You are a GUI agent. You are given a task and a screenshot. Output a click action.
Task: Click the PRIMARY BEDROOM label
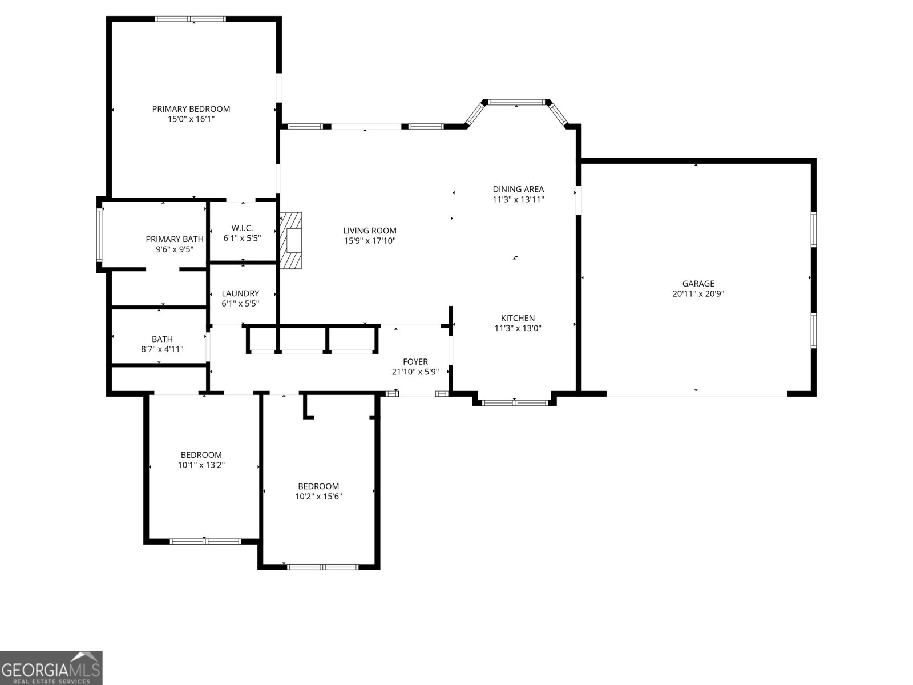click(191, 109)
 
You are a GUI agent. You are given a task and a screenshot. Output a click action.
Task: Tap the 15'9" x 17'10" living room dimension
click(370, 241)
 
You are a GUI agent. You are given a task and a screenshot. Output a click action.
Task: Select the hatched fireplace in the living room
click(290, 240)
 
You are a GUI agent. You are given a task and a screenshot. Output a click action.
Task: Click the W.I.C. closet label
click(242, 228)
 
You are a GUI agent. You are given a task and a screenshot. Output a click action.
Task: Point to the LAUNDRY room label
click(240, 293)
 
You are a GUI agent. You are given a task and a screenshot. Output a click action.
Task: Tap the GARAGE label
click(698, 284)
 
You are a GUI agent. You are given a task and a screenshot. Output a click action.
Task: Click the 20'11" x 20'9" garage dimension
click(698, 293)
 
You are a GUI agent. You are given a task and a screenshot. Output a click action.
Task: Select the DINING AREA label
click(518, 190)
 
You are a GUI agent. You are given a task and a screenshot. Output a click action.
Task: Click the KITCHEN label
click(518, 318)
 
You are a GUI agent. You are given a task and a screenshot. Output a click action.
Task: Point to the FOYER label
click(415, 362)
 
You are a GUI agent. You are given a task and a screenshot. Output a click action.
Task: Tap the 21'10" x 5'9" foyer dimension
click(415, 372)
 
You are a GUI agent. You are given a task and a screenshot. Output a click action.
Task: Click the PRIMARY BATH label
click(175, 239)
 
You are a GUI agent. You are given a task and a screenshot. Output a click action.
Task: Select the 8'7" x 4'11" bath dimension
click(162, 349)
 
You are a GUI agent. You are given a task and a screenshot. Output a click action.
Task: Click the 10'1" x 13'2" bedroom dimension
click(201, 465)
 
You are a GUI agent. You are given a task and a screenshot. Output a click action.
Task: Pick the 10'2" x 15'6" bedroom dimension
click(318, 497)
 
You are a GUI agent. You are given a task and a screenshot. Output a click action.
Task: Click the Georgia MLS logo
click(51, 667)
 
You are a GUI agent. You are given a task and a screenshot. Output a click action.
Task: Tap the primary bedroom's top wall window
click(191, 19)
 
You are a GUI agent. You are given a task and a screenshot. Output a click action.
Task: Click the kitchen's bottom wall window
click(515, 402)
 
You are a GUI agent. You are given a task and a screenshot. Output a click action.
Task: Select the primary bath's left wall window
click(99, 235)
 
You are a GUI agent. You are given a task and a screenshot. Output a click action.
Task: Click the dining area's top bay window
click(516, 102)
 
